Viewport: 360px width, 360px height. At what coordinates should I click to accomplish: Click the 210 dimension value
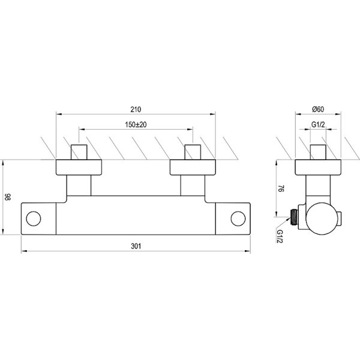tap(136, 110)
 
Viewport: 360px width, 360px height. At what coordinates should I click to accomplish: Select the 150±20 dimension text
tap(136, 125)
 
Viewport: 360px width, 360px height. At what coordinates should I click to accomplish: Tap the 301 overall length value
tap(136, 246)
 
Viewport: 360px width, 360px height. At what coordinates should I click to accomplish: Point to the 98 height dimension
tap(8, 197)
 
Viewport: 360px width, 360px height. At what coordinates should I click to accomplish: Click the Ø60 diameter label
tap(318, 109)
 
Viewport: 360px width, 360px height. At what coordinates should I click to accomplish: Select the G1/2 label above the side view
tap(318, 125)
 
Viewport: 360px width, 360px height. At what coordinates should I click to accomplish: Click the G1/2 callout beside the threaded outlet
tap(280, 236)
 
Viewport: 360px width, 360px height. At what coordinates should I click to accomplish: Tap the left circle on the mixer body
tap(34, 218)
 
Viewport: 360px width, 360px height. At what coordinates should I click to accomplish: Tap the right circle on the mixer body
tap(238, 218)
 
